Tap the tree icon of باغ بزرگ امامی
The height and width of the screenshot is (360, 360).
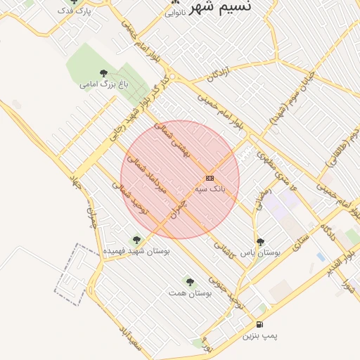104,73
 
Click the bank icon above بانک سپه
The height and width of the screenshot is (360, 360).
210,178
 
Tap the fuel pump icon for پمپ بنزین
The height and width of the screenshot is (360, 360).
260,325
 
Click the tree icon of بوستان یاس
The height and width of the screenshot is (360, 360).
260,241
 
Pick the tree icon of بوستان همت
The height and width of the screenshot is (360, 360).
188,281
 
